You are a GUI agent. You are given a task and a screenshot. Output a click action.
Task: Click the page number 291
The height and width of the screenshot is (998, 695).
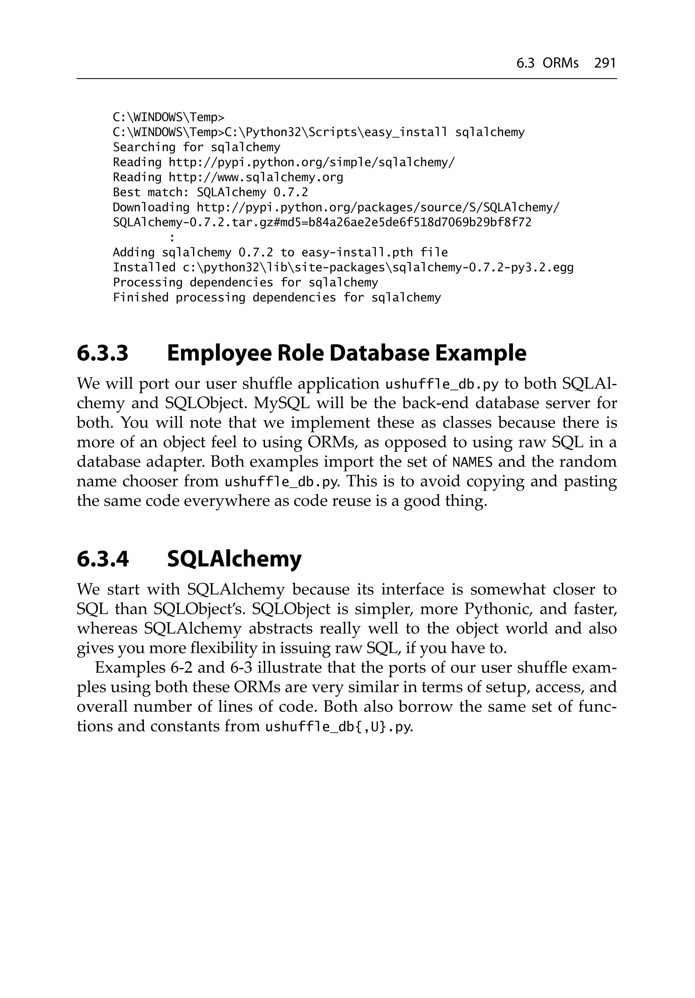click(605, 64)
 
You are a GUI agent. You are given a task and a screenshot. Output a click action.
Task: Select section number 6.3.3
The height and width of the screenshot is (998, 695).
click(102, 353)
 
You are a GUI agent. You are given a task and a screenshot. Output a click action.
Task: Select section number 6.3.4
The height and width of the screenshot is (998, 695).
click(102, 559)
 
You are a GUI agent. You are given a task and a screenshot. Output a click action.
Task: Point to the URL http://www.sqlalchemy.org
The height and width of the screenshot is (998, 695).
click(256, 177)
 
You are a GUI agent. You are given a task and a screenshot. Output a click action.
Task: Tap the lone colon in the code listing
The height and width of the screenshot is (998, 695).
click(172, 238)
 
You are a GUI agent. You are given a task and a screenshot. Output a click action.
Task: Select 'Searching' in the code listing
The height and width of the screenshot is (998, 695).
click(144, 147)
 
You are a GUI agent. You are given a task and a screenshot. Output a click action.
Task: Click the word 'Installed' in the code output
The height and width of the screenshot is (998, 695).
click(144, 268)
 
